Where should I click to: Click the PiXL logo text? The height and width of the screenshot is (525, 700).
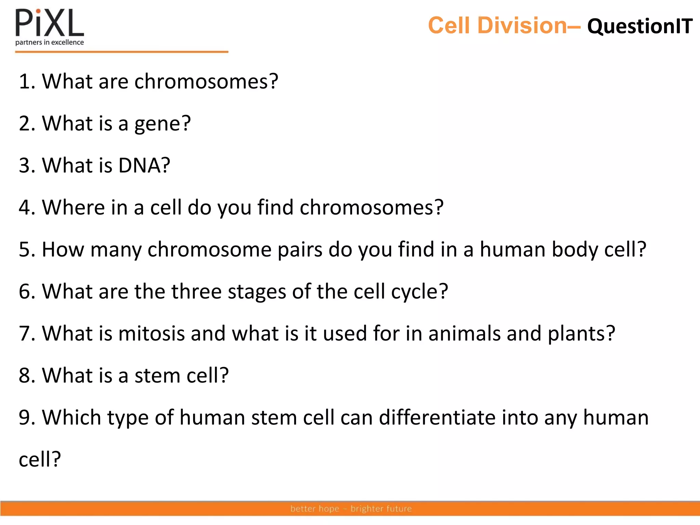(50, 23)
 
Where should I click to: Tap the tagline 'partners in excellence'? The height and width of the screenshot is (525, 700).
(50, 42)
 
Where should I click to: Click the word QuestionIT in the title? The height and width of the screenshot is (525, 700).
(640, 26)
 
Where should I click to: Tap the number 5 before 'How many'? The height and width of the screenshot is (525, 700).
(25, 249)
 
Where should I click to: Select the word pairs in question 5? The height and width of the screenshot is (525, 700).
(299, 250)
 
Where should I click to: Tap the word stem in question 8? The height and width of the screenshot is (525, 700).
(152, 376)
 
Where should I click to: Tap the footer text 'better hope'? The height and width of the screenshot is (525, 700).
(314, 509)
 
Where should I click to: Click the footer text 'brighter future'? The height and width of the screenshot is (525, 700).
(381, 509)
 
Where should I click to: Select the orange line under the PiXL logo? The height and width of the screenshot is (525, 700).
(121, 52)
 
